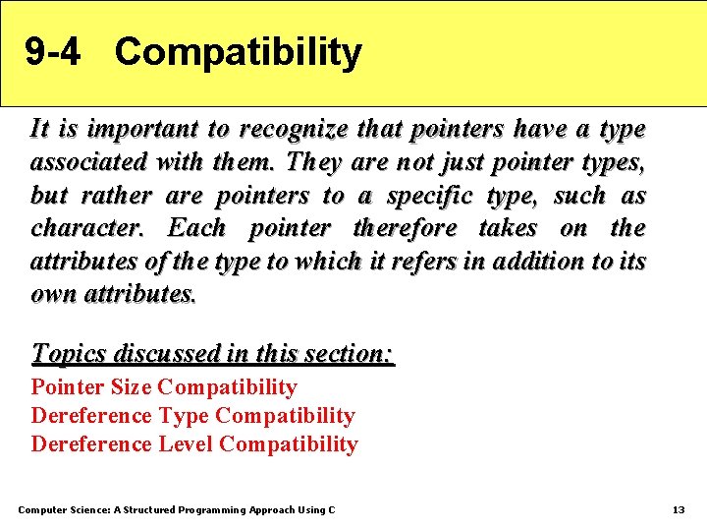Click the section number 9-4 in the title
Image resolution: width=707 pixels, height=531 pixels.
[53, 52]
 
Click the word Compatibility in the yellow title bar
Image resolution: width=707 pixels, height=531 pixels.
[238, 52]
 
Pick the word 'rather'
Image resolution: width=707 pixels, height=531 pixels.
[115, 196]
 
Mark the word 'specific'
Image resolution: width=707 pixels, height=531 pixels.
[430, 196]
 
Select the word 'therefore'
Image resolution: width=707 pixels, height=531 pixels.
[405, 229]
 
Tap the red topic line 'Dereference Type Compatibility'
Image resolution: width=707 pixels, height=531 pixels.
[192, 416]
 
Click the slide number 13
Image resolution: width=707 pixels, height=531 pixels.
[678, 509]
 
